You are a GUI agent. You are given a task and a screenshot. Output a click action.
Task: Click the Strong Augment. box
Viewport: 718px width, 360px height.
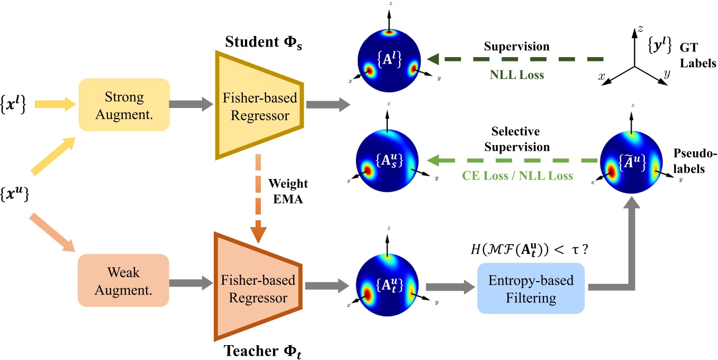coord(124,105)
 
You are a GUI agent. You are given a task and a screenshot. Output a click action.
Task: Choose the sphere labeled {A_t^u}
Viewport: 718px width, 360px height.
coord(388,286)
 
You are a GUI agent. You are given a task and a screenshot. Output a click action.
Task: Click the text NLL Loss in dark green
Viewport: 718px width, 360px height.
coord(517,75)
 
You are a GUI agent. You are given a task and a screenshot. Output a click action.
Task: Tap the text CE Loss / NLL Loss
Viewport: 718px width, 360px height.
coord(516,176)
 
